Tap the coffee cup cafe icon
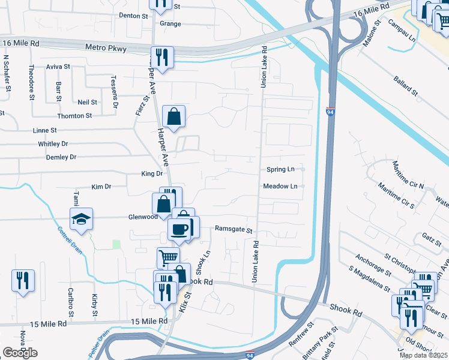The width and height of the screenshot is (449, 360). coord(179,229)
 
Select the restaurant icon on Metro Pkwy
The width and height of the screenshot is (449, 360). coord(161,58)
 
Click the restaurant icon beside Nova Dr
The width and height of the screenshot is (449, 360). coord(23,281)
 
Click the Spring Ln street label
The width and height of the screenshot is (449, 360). coord(281,170)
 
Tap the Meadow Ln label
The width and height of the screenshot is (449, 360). coord(280,186)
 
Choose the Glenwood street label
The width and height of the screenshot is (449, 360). coord(142,217)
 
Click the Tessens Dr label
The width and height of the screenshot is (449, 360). coord(115,88)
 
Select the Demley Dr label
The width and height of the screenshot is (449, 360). coord(61,157)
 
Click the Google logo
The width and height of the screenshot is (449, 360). coord(20,352)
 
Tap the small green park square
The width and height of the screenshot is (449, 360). coord(116,244)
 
